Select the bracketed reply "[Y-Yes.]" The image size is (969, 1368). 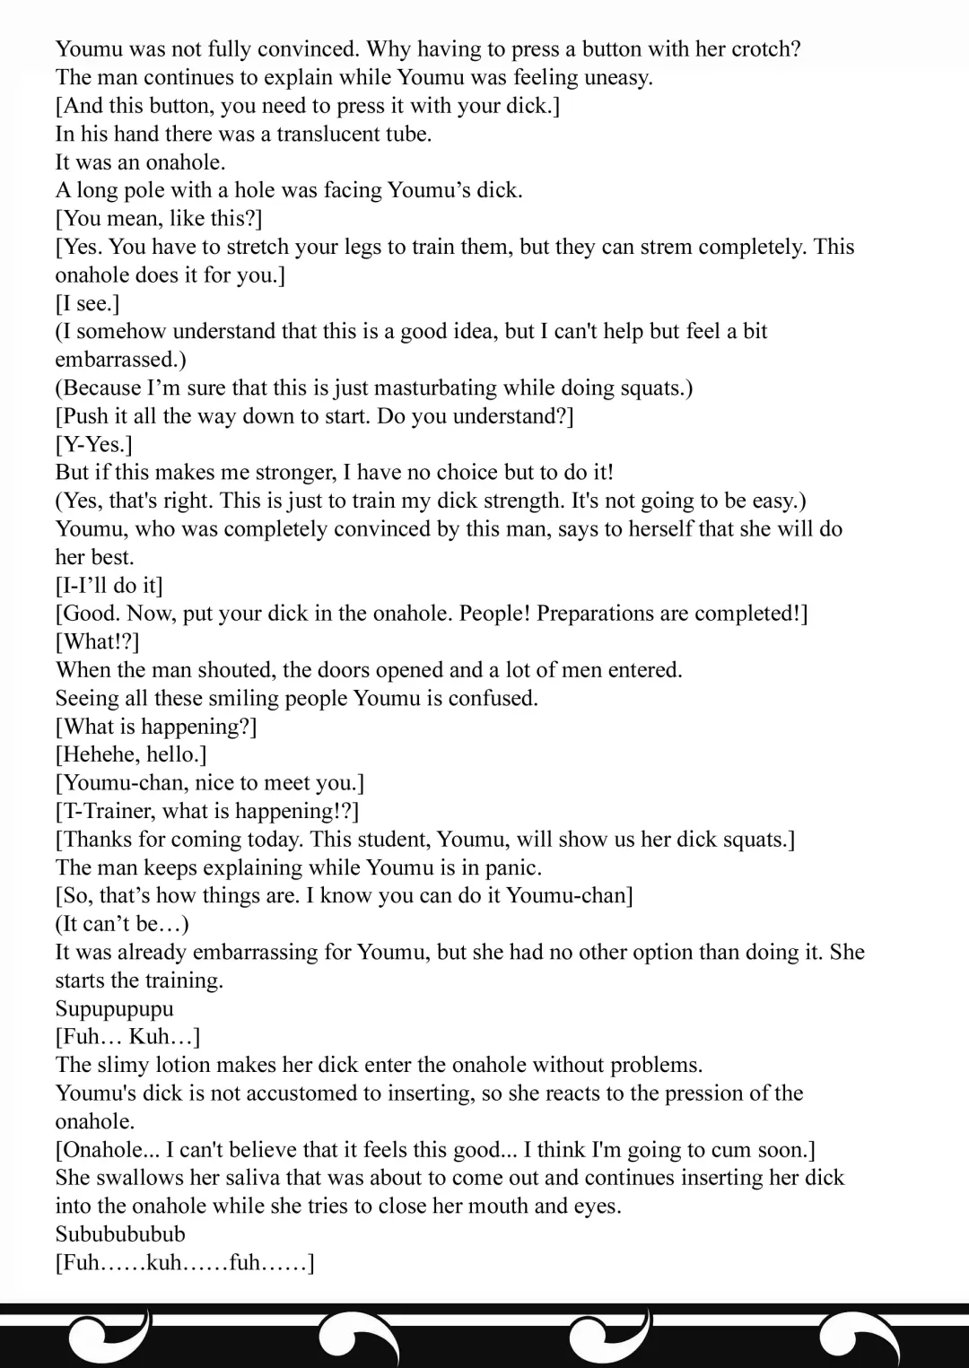point(93,445)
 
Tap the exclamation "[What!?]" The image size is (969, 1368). point(97,642)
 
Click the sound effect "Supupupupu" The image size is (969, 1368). point(114,1009)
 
